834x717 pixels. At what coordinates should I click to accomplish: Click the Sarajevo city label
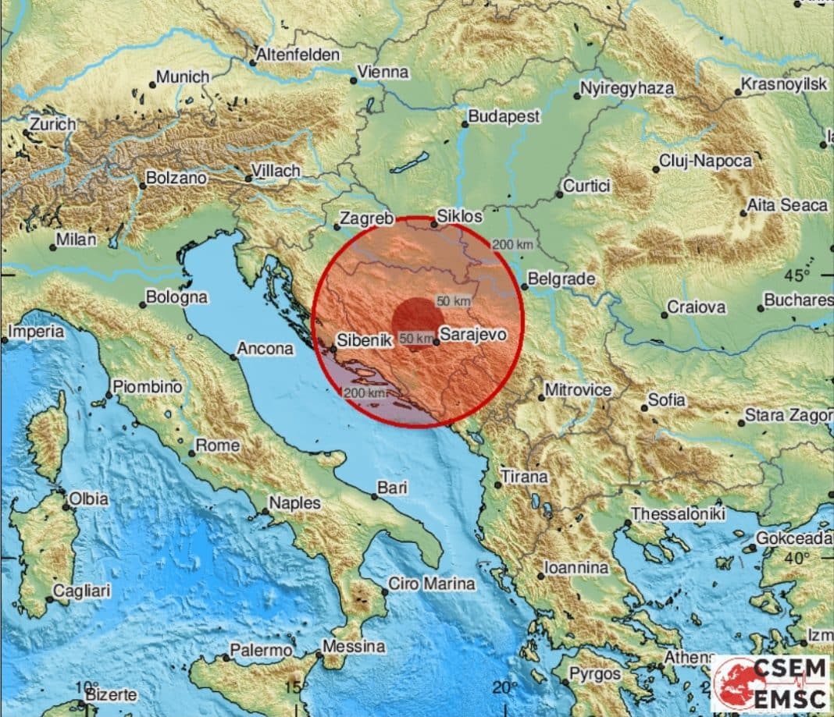(473, 335)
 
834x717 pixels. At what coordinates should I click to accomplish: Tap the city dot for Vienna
(354, 80)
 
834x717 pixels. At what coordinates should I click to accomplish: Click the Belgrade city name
(561, 279)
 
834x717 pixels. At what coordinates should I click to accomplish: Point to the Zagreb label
(368, 219)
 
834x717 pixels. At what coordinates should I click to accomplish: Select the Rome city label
(217, 445)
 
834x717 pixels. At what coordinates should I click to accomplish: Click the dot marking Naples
(266, 513)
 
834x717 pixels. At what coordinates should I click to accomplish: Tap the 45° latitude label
(799, 275)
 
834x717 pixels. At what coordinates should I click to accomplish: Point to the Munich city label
(184, 76)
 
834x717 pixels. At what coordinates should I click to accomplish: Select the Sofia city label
(668, 400)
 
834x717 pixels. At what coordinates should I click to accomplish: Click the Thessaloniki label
(678, 514)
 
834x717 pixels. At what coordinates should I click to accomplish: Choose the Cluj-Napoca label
(706, 162)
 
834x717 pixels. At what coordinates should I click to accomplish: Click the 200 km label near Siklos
(513, 245)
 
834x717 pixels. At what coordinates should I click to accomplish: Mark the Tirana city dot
(498, 485)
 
